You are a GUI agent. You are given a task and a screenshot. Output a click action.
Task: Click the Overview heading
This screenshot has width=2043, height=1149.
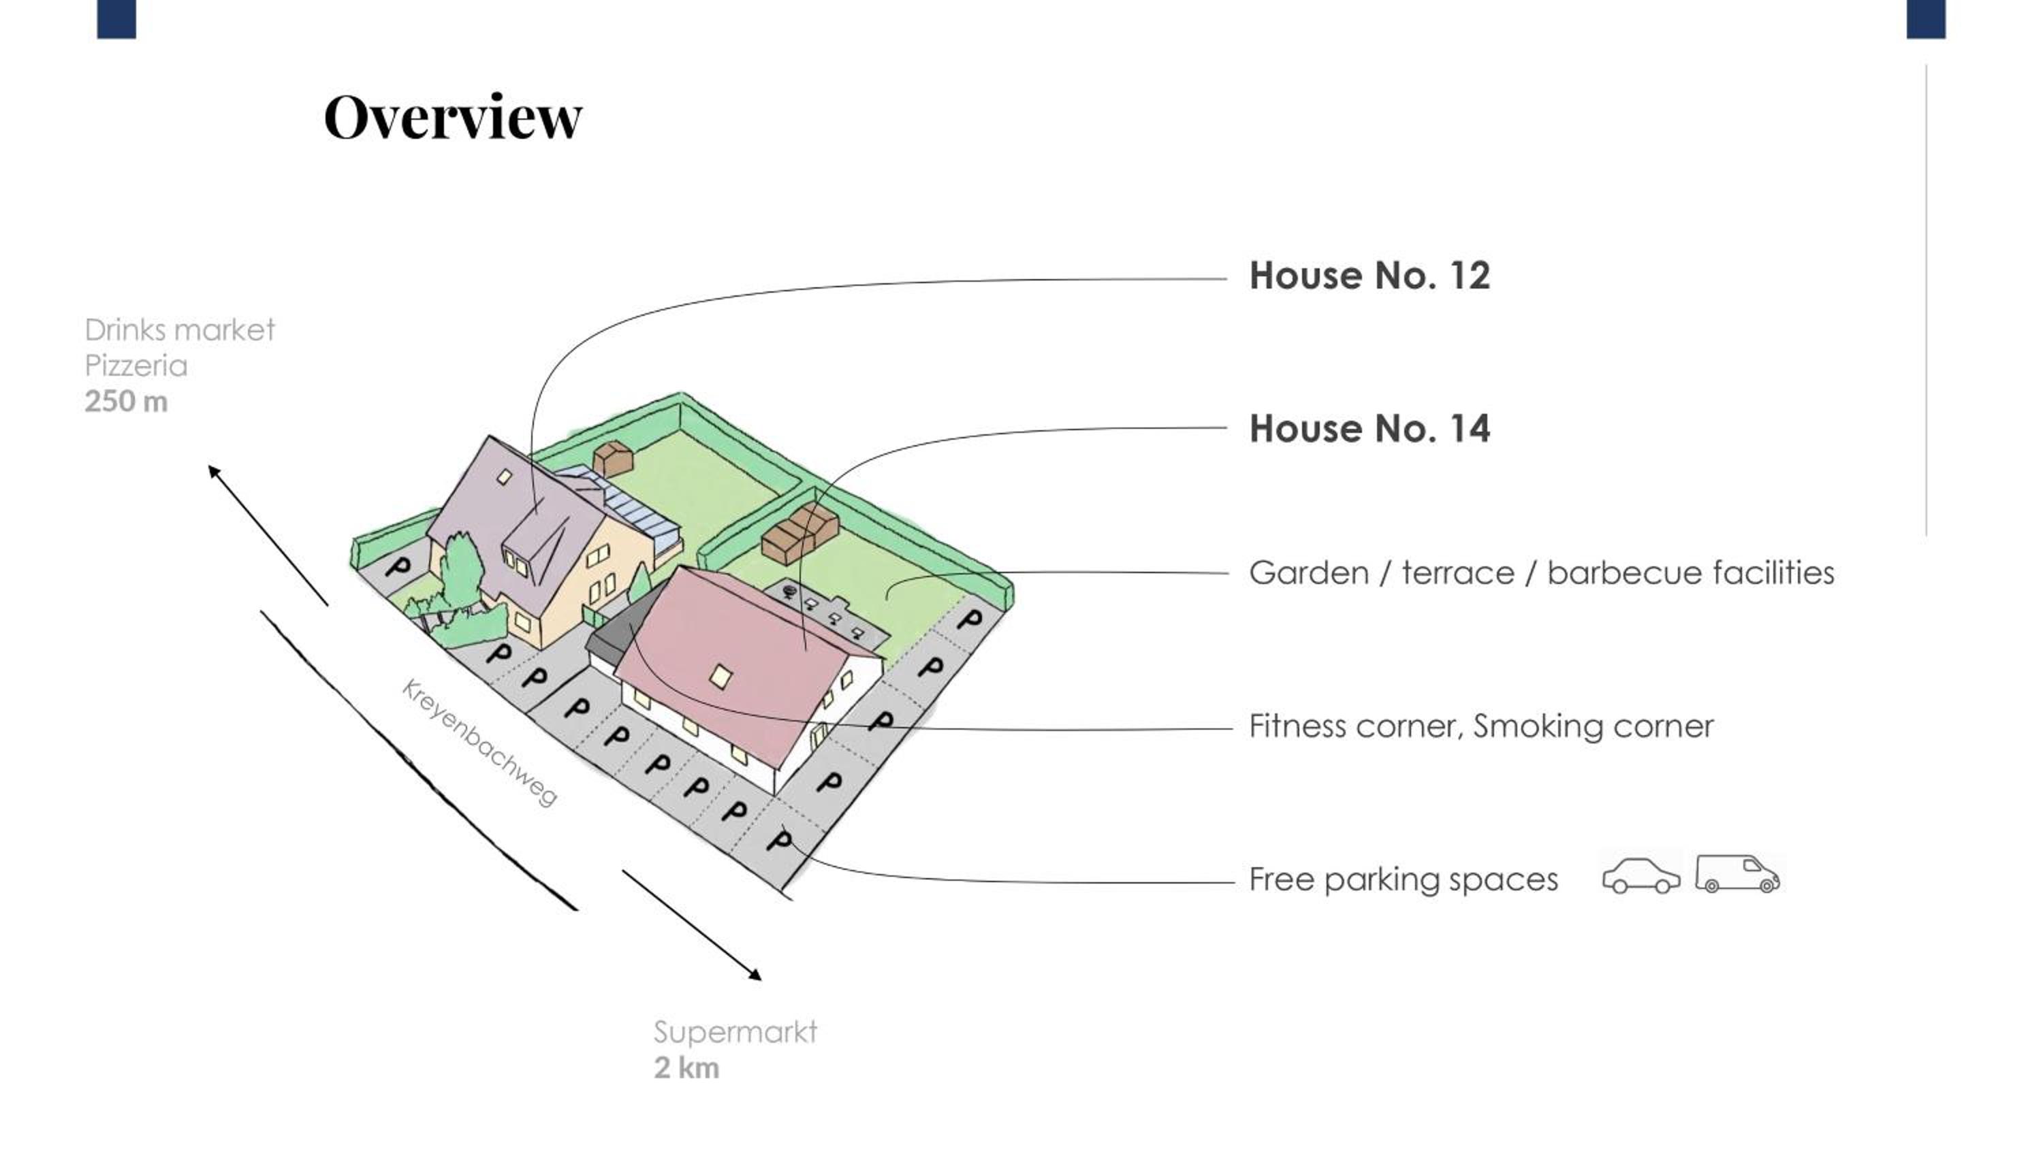[453, 117]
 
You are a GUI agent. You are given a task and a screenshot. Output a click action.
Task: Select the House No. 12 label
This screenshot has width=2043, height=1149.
[1369, 276]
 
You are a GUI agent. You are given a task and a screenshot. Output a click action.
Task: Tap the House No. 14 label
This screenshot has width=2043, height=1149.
[1369, 429]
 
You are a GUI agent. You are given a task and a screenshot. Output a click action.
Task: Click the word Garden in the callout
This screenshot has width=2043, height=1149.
[1309, 572]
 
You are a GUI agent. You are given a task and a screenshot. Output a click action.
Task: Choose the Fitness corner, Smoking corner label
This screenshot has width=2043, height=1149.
[1480, 726]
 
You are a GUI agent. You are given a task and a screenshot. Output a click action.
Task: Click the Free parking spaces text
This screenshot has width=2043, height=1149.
[1403, 879]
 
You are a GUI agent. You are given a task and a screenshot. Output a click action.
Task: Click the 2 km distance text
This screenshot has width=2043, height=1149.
[686, 1068]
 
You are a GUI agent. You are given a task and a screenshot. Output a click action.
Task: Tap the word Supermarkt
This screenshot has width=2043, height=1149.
[734, 1033]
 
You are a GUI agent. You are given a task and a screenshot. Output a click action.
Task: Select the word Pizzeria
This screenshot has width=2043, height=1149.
[136, 366]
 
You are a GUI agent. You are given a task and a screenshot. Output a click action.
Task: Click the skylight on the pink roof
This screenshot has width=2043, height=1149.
[720, 677]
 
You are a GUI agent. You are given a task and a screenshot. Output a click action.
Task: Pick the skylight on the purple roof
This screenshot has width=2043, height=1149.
[505, 476]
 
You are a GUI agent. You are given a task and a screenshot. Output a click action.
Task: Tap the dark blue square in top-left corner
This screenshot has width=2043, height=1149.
[116, 19]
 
